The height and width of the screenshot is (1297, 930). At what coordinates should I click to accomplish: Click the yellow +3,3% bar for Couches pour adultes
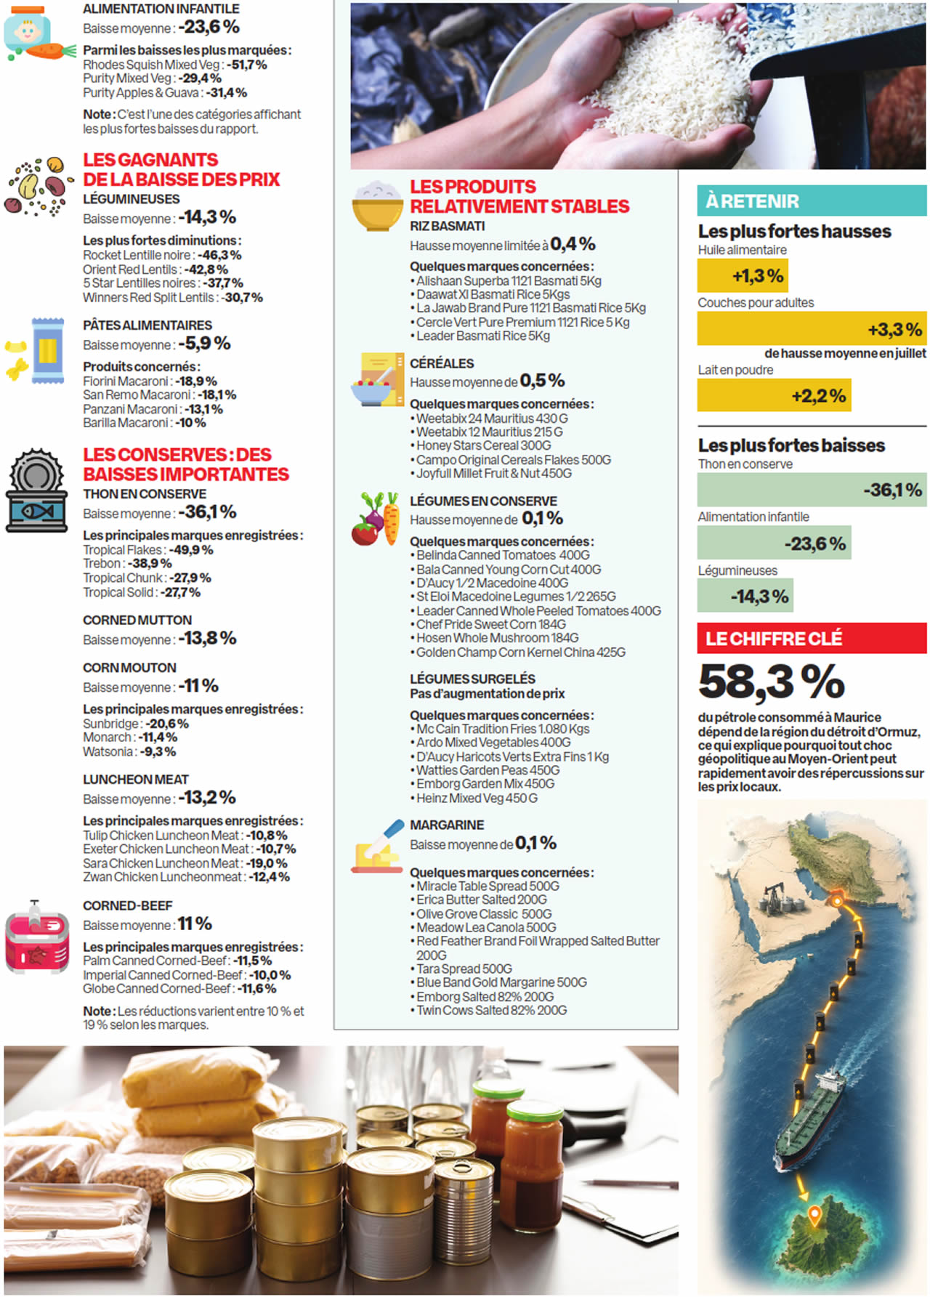[x=812, y=328]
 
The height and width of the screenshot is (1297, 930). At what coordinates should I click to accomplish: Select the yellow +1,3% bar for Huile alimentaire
[x=743, y=276]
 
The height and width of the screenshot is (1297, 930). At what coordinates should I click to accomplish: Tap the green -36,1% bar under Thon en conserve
[x=812, y=490]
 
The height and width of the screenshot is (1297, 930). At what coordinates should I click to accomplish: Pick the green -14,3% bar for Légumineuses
[x=745, y=596]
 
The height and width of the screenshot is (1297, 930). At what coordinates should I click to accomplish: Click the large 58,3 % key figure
[x=772, y=682]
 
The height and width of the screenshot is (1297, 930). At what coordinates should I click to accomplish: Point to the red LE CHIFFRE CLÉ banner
[x=812, y=639]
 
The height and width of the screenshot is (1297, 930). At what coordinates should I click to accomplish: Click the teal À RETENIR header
[x=812, y=201]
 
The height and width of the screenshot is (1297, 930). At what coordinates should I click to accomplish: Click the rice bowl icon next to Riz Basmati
[x=377, y=206]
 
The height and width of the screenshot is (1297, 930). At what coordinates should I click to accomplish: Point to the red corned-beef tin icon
[x=37, y=937]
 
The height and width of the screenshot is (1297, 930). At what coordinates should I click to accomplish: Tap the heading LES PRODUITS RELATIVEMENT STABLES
[x=519, y=196]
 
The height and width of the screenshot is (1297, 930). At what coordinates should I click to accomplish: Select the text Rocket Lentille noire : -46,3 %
[x=162, y=255]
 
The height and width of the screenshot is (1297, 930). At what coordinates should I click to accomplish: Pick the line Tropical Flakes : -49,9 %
[x=148, y=550]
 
